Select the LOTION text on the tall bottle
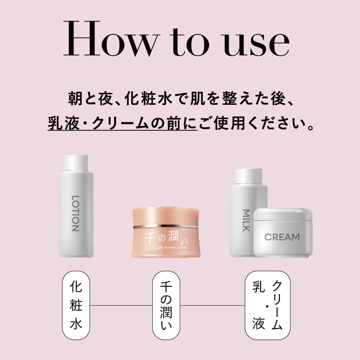click(76, 214)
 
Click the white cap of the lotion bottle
click(76, 162)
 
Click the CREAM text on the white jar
click(282, 237)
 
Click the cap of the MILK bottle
click(248, 177)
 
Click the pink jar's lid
click(165, 216)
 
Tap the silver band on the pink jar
click(165, 227)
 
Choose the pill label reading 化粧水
click(76, 305)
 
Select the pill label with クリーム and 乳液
click(267, 305)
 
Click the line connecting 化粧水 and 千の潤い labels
click(121, 306)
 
